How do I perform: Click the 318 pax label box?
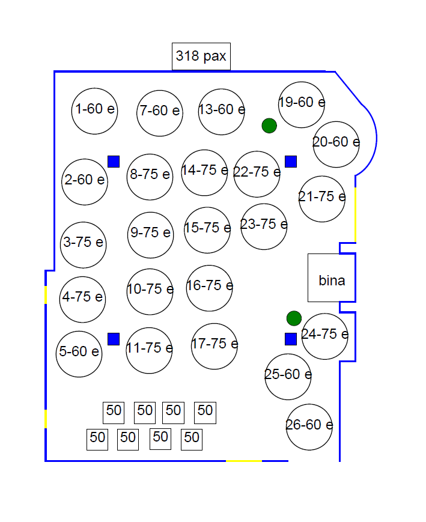click(201, 56)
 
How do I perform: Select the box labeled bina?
click(332, 278)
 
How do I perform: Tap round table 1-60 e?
click(94, 111)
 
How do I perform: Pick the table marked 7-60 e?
click(160, 113)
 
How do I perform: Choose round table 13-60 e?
click(222, 112)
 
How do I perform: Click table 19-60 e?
click(302, 105)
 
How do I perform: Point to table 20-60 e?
click(336, 145)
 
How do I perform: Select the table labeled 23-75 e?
click(264, 226)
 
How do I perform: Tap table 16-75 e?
click(210, 288)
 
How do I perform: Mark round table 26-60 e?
click(309, 427)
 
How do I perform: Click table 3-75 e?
click(84, 245)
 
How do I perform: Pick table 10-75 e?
click(150, 291)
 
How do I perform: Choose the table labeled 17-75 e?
click(215, 346)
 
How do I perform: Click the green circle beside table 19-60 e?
click(269, 126)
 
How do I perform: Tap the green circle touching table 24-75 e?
click(294, 318)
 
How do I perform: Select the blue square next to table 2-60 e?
click(114, 162)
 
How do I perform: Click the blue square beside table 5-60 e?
click(114, 339)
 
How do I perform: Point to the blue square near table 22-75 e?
click(291, 162)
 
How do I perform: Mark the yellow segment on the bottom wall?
click(244, 461)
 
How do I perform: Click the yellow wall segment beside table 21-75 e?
click(355, 214)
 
